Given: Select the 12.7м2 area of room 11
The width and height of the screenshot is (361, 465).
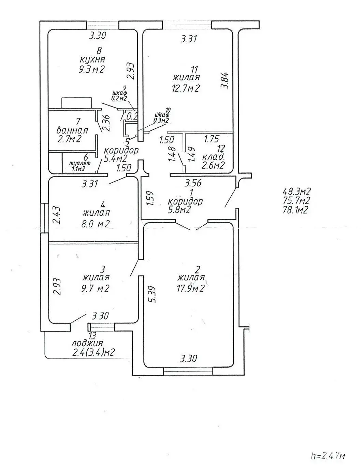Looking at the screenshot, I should [x=185, y=88].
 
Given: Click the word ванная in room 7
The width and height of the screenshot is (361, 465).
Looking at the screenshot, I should [x=72, y=130].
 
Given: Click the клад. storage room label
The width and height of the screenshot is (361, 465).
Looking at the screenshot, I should [x=214, y=157].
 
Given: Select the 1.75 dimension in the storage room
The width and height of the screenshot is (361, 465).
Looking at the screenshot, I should [x=211, y=139].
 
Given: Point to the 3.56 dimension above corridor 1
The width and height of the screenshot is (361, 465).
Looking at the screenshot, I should [x=193, y=183].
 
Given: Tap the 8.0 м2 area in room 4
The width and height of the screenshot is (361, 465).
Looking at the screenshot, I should [x=96, y=224].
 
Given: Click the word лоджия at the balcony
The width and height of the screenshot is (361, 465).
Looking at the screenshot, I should [x=87, y=343].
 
